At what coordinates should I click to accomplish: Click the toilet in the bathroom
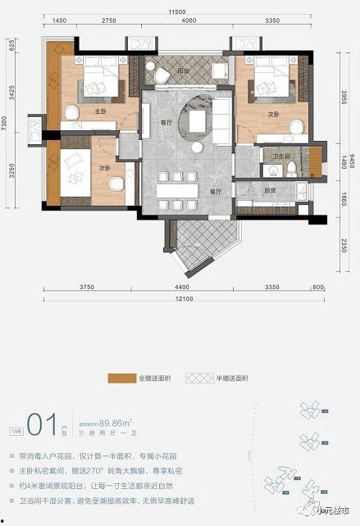tap(292, 169)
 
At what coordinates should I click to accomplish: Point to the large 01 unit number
tap(40, 424)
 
